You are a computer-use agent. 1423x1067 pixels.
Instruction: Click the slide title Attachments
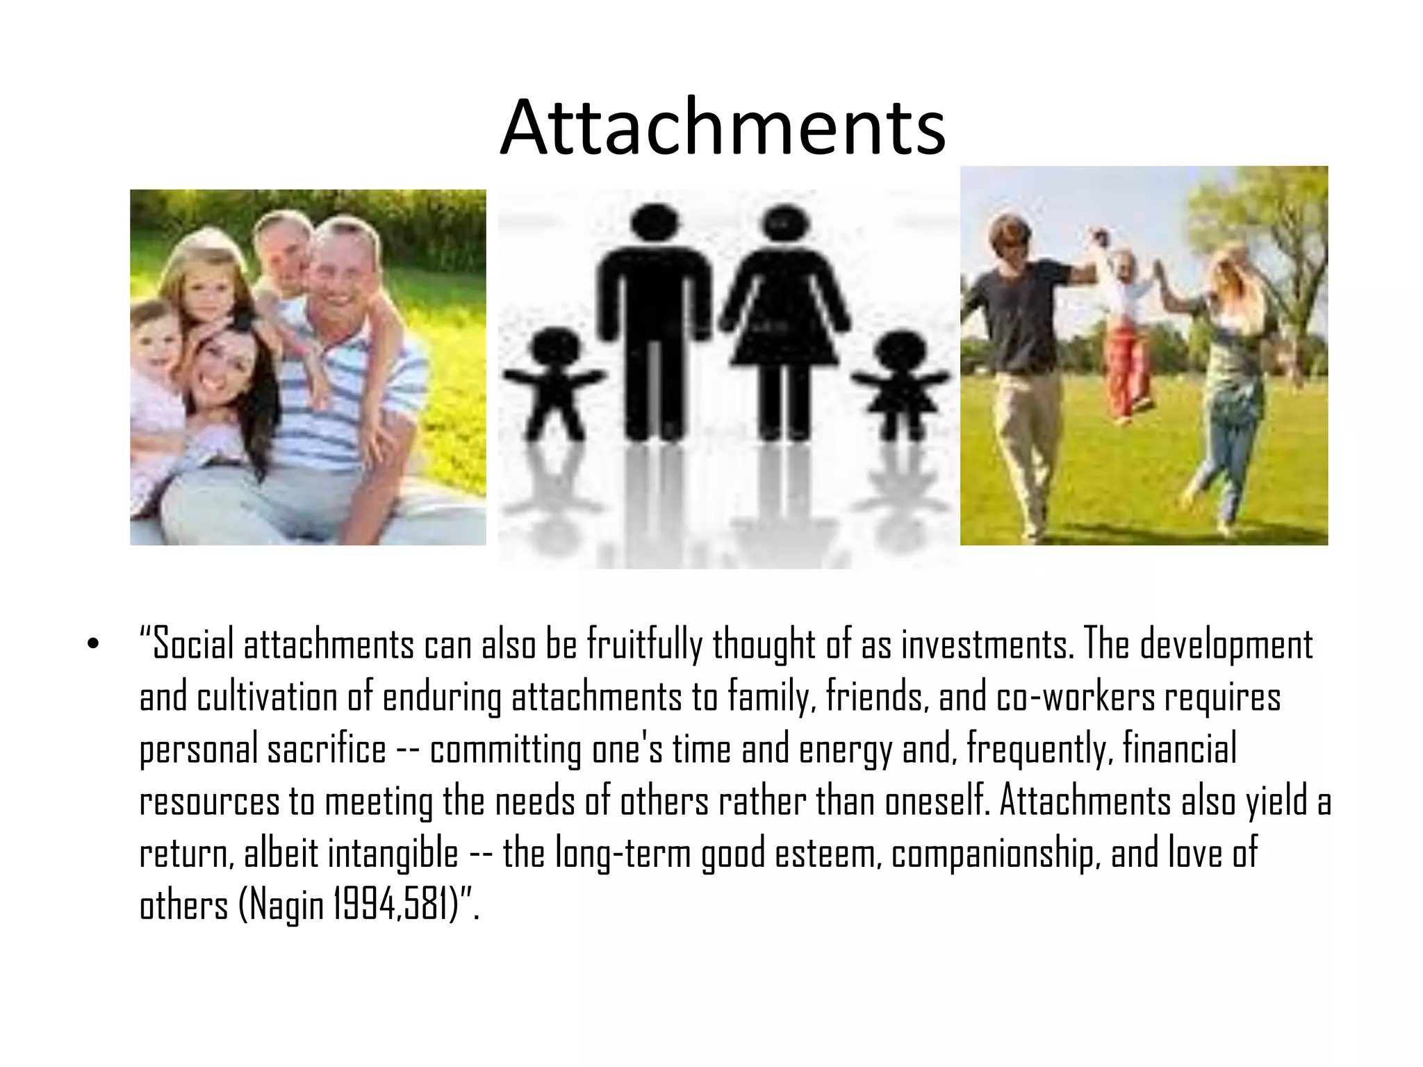pos(723,128)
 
